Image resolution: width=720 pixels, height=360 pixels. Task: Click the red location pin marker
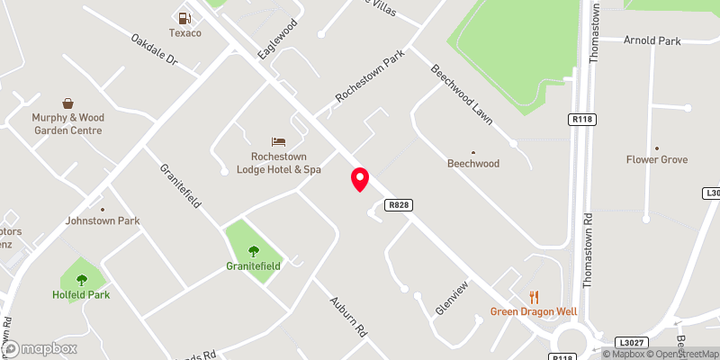click(360, 179)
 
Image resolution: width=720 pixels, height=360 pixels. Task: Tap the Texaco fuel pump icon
click(184, 17)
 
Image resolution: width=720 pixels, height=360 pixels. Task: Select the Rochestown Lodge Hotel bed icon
click(279, 141)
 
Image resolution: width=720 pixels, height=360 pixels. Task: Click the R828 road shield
click(399, 205)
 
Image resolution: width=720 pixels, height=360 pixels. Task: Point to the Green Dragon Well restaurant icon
click(534, 296)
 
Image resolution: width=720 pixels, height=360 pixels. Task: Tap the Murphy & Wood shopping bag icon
click(68, 103)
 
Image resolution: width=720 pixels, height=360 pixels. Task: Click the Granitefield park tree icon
click(253, 250)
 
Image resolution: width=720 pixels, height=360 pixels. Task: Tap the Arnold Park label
click(653, 40)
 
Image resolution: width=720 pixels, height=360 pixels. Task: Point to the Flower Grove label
click(657, 159)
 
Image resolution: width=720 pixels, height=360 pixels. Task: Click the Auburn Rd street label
click(349, 317)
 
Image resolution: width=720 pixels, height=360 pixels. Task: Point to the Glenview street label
click(453, 296)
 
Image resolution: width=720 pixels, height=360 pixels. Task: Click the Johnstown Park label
click(103, 220)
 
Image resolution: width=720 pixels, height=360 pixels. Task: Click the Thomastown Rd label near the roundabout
click(589, 251)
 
